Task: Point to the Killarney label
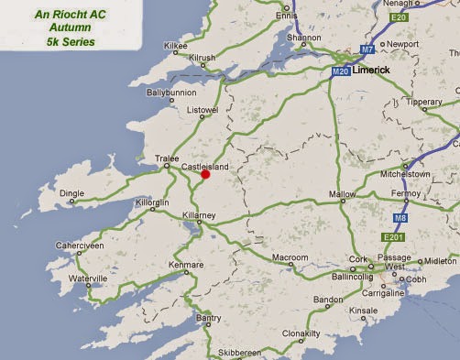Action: pyautogui.click(x=201, y=213)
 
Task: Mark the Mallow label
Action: pyautogui.click(x=342, y=194)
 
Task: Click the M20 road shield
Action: pyautogui.click(x=340, y=72)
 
